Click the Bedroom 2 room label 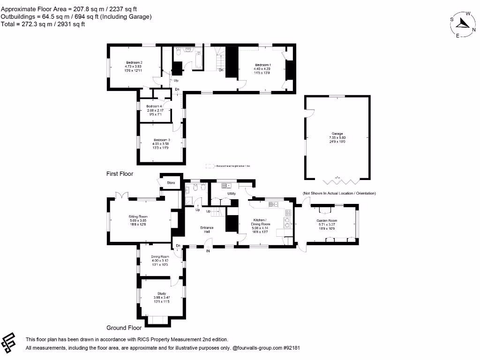pyautogui.click(x=134, y=63)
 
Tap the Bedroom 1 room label pyautogui.click(x=262, y=65)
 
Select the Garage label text pyautogui.click(x=337, y=134)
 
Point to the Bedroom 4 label pyautogui.click(x=154, y=106)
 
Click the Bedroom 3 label pyautogui.click(x=162, y=140)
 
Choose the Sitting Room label pyautogui.click(x=139, y=217)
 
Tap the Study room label pyautogui.click(x=161, y=294)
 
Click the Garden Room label pyautogui.click(x=327, y=220)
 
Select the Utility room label pyautogui.click(x=231, y=194)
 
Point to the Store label pyautogui.click(x=171, y=183)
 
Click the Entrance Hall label pyautogui.click(x=207, y=228)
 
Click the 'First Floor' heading pyautogui.click(x=120, y=174)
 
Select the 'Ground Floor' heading pyautogui.click(x=124, y=328)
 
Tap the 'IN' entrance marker pyautogui.click(x=208, y=251)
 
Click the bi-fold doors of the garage pyautogui.click(x=337, y=179)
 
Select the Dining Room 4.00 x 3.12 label pyautogui.click(x=160, y=257)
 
